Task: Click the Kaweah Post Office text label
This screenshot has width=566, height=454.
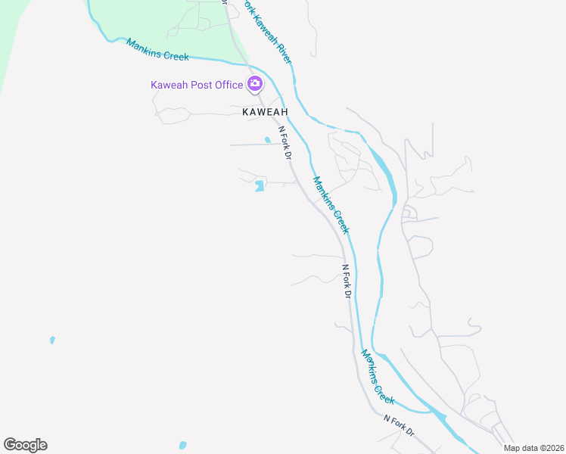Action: (x=197, y=85)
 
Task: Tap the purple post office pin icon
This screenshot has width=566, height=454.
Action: (x=255, y=84)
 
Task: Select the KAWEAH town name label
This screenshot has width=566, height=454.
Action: (x=265, y=111)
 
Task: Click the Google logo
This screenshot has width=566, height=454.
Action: (x=25, y=445)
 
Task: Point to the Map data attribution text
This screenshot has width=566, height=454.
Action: (x=533, y=448)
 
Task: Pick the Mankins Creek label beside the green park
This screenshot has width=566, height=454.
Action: (x=157, y=50)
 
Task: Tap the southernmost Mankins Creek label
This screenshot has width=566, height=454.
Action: (x=378, y=376)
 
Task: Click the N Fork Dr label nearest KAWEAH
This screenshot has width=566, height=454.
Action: (x=285, y=143)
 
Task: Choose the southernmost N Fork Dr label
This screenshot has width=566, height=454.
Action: (x=399, y=424)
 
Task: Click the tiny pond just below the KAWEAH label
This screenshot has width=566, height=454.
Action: (x=267, y=139)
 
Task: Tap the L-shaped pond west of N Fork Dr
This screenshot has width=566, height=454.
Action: (x=260, y=185)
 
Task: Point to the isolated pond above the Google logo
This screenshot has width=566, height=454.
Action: (x=52, y=340)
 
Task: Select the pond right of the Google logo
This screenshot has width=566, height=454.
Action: (x=182, y=445)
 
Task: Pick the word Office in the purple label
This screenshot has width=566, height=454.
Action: (x=229, y=85)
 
